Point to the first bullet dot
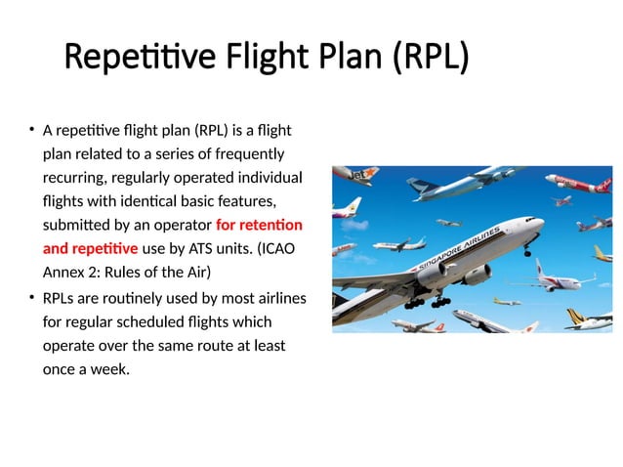click(x=31, y=130)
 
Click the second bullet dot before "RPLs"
click(x=31, y=297)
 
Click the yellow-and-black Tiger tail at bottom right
click(x=601, y=314)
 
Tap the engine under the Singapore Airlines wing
click(x=436, y=275)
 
